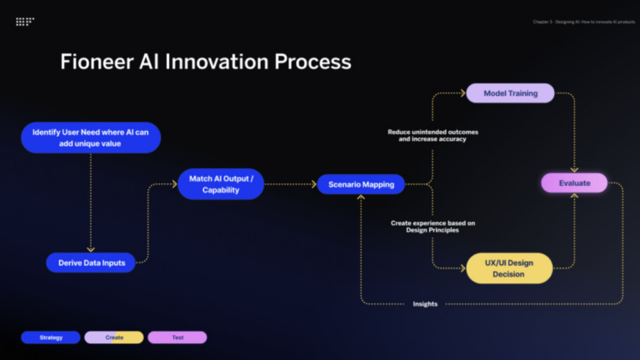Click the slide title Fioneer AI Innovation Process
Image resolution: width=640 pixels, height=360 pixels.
tap(205, 62)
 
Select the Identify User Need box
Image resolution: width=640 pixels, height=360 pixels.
tap(91, 137)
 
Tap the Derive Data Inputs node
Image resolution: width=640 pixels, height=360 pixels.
tap(91, 262)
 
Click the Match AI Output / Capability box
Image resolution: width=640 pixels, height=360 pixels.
tap(221, 184)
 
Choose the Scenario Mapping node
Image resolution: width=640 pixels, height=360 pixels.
tap(361, 184)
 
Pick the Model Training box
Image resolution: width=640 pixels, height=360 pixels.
tap(510, 93)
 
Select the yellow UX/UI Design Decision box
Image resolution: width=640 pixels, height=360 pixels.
tap(509, 268)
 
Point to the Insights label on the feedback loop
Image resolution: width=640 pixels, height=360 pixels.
tap(425, 304)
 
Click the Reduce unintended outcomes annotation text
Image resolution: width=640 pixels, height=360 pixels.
tap(432, 135)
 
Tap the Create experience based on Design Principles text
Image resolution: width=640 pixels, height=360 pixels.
tap(432, 227)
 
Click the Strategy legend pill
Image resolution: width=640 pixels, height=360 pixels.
tap(51, 337)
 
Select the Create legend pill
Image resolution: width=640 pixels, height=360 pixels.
tap(114, 337)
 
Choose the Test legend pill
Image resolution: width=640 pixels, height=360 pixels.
tap(177, 337)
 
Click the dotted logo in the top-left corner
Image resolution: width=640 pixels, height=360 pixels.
tap(25, 22)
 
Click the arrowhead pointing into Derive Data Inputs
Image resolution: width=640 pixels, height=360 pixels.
tap(91, 249)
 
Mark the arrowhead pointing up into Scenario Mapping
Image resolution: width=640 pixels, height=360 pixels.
tap(361, 198)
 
